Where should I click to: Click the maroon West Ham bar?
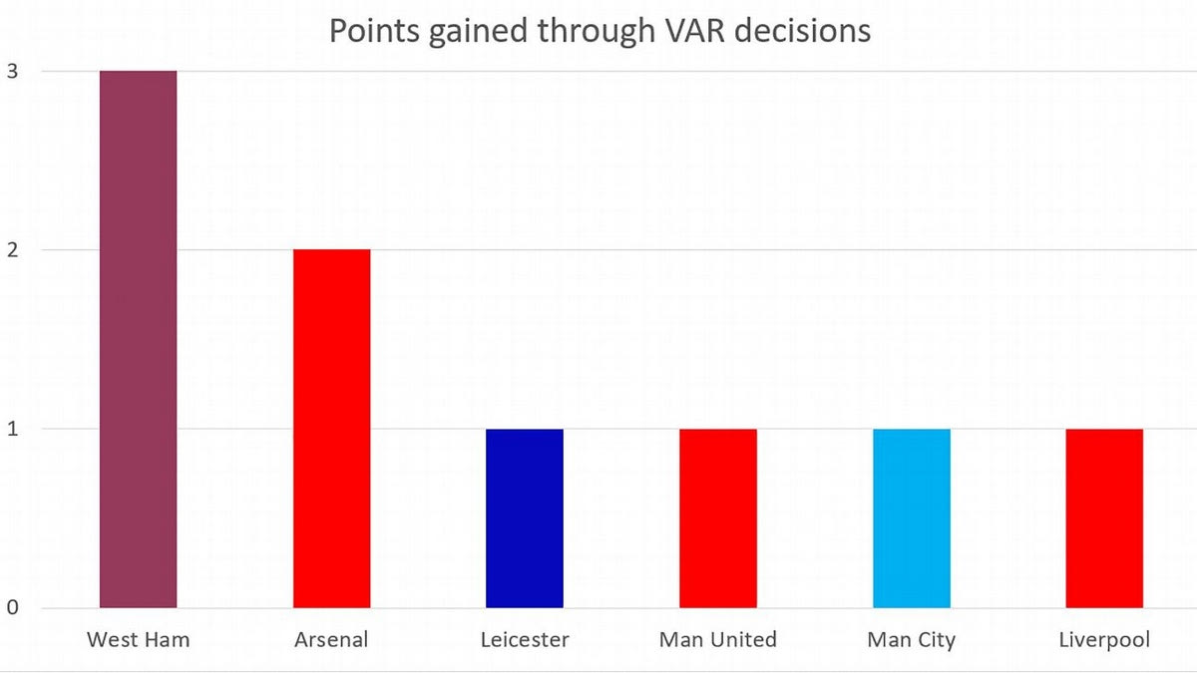tap(139, 339)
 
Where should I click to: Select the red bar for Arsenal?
tap(331, 429)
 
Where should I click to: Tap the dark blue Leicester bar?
tap(525, 518)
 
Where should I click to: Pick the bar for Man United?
tap(718, 518)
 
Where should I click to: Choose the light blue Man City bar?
tap(912, 518)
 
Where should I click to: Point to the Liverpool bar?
tap(1104, 518)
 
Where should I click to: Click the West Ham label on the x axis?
tap(138, 639)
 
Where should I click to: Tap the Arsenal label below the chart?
tap(331, 639)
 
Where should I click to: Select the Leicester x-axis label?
tap(524, 639)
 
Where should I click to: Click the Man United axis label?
tap(718, 639)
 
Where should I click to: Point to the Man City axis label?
tap(912, 639)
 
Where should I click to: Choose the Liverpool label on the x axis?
tap(1104, 639)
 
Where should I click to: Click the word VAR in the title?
tap(687, 31)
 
